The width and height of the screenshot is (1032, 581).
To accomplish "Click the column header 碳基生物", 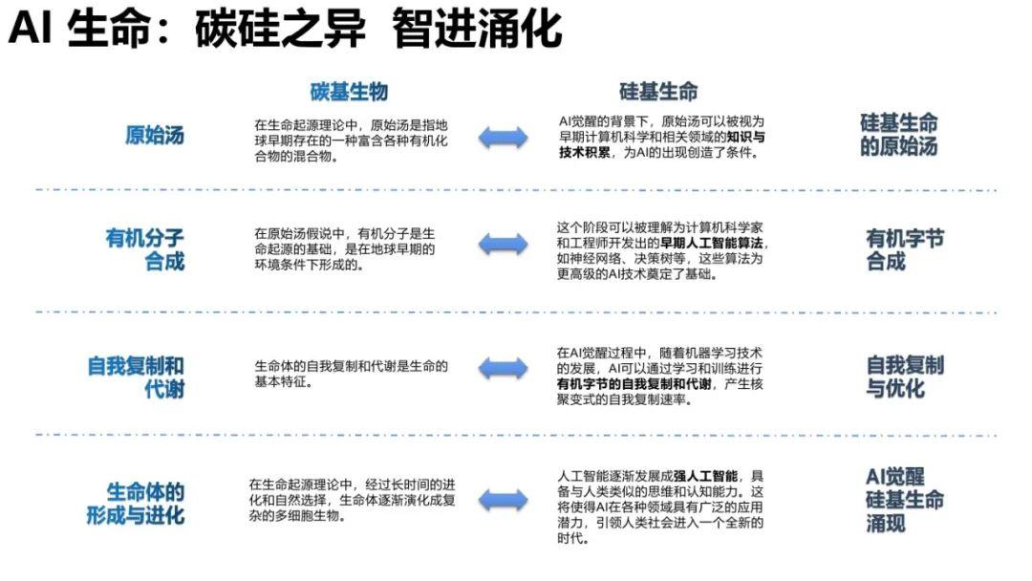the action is pyautogui.click(x=349, y=92).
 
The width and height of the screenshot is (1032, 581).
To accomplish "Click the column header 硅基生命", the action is pyautogui.click(x=658, y=92).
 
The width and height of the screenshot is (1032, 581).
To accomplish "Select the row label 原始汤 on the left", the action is pyautogui.click(x=155, y=135).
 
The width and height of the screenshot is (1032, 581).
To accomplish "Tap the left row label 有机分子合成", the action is pyautogui.click(x=145, y=249).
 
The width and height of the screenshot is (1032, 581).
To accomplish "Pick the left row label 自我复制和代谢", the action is pyautogui.click(x=136, y=377).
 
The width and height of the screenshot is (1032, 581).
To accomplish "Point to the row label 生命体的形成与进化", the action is pyautogui.click(x=136, y=504).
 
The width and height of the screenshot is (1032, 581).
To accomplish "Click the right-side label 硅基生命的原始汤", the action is pyautogui.click(x=898, y=134).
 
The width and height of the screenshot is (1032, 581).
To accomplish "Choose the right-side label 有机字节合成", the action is pyautogui.click(x=904, y=249).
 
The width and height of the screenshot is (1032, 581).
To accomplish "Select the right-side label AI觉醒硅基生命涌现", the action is pyautogui.click(x=904, y=500).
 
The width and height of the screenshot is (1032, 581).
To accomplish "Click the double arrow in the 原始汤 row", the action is pyautogui.click(x=503, y=138).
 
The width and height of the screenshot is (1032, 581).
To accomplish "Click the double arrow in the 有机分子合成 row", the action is pyautogui.click(x=503, y=244).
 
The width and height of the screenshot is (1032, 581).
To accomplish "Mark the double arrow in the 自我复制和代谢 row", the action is pyautogui.click(x=503, y=368).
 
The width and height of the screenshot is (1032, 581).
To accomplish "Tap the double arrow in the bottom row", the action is pyautogui.click(x=503, y=500).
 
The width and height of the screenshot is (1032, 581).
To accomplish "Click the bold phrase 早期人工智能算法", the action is pyautogui.click(x=712, y=243).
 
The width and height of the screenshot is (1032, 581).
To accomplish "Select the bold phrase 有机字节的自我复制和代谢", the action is pyautogui.click(x=634, y=383).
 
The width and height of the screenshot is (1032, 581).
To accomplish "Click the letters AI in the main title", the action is pyautogui.click(x=31, y=29).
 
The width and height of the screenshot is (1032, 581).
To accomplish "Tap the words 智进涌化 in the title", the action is pyautogui.click(x=477, y=29).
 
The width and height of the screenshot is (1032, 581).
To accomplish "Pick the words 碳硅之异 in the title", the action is pyautogui.click(x=280, y=29).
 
